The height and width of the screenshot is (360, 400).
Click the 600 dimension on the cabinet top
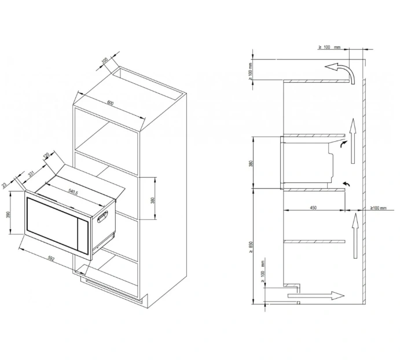(x=111, y=104)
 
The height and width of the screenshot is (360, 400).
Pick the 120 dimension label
(x=46, y=156)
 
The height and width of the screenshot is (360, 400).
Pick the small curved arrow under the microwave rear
(x=346, y=183)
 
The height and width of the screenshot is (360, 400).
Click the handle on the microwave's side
(x=105, y=218)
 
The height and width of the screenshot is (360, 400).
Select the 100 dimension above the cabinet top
(x=105, y=61)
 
